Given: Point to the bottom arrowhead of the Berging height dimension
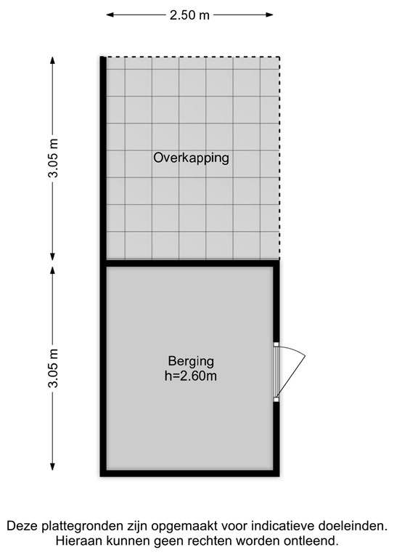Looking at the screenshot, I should pyautogui.click(x=54, y=470).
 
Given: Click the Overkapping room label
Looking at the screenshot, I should pyautogui.click(x=191, y=158).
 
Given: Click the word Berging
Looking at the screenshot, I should pyautogui.click(x=191, y=361).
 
